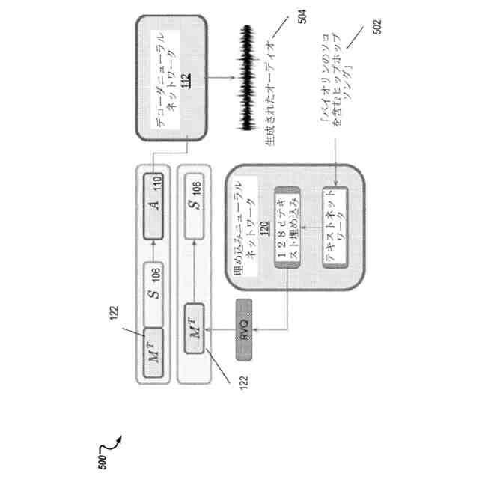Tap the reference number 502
pyautogui.click(x=376, y=28)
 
